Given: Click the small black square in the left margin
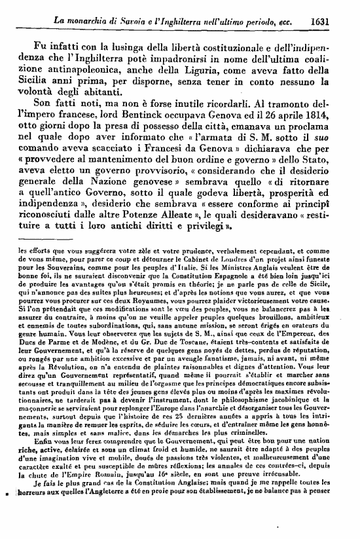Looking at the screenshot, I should [6, 527].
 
